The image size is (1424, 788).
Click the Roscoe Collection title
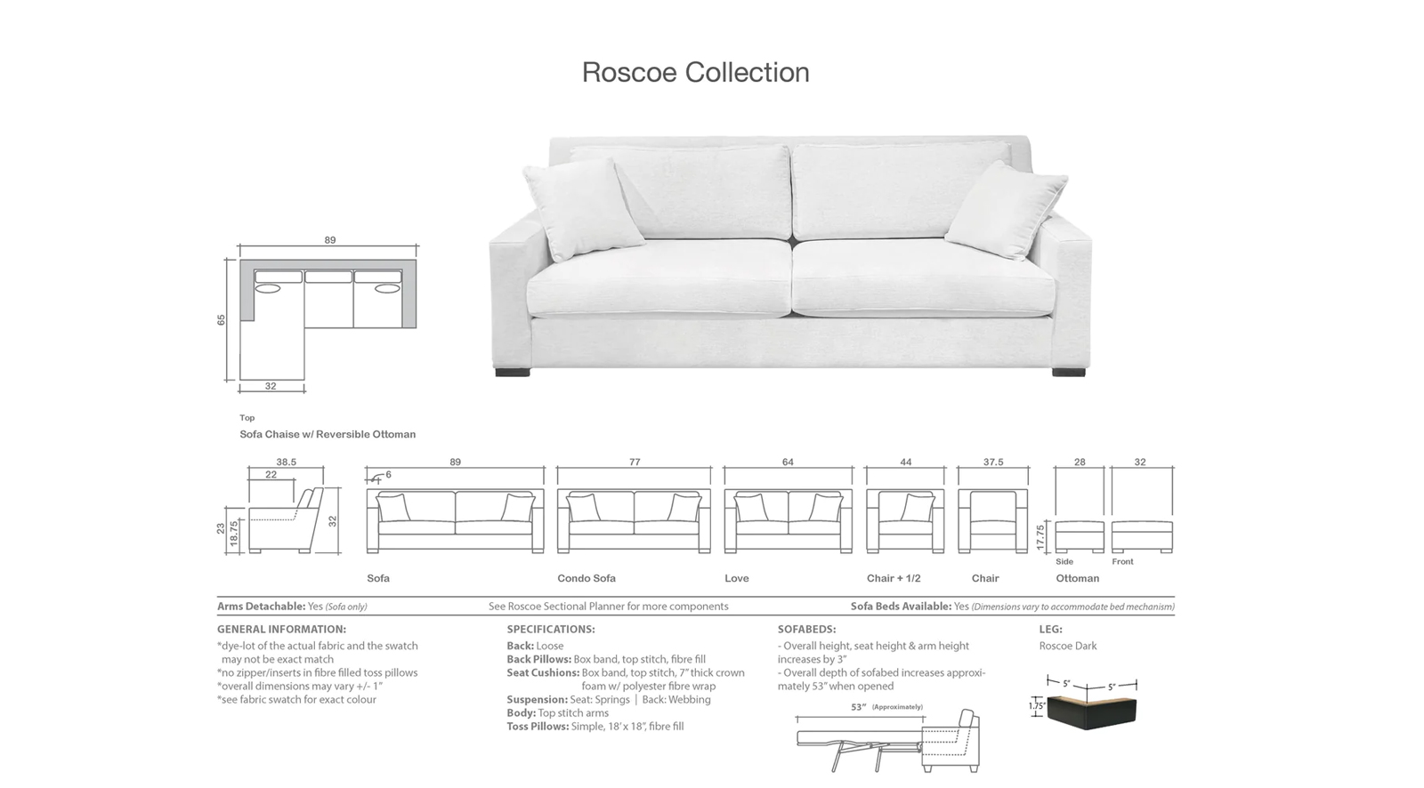(695, 72)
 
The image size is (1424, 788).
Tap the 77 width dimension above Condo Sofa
(635, 462)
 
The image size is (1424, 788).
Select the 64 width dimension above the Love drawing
(788, 462)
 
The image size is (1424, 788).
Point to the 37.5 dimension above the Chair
(993, 462)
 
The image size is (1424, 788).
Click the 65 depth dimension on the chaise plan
(222, 320)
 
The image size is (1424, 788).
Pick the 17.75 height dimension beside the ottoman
(1040, 537)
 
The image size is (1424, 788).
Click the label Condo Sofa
(587, 578)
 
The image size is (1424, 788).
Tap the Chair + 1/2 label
(894, 578)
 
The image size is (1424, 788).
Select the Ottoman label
(1077, 578)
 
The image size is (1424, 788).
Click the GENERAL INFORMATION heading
(281, 629)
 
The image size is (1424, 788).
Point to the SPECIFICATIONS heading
(551, 629)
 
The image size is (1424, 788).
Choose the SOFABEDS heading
(806, 629)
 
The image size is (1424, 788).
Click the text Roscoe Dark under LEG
(1068, 646)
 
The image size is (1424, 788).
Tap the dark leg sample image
(1091, 712)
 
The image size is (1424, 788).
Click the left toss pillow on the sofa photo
(582, 210)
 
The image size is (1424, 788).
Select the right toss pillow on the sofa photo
(1006, 211)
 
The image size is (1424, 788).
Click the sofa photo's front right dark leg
(1068, 373)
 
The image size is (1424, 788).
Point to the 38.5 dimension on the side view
(286, 462)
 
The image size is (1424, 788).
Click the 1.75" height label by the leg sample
(1036, 705)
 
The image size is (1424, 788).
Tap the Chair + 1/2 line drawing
(905, 520)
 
